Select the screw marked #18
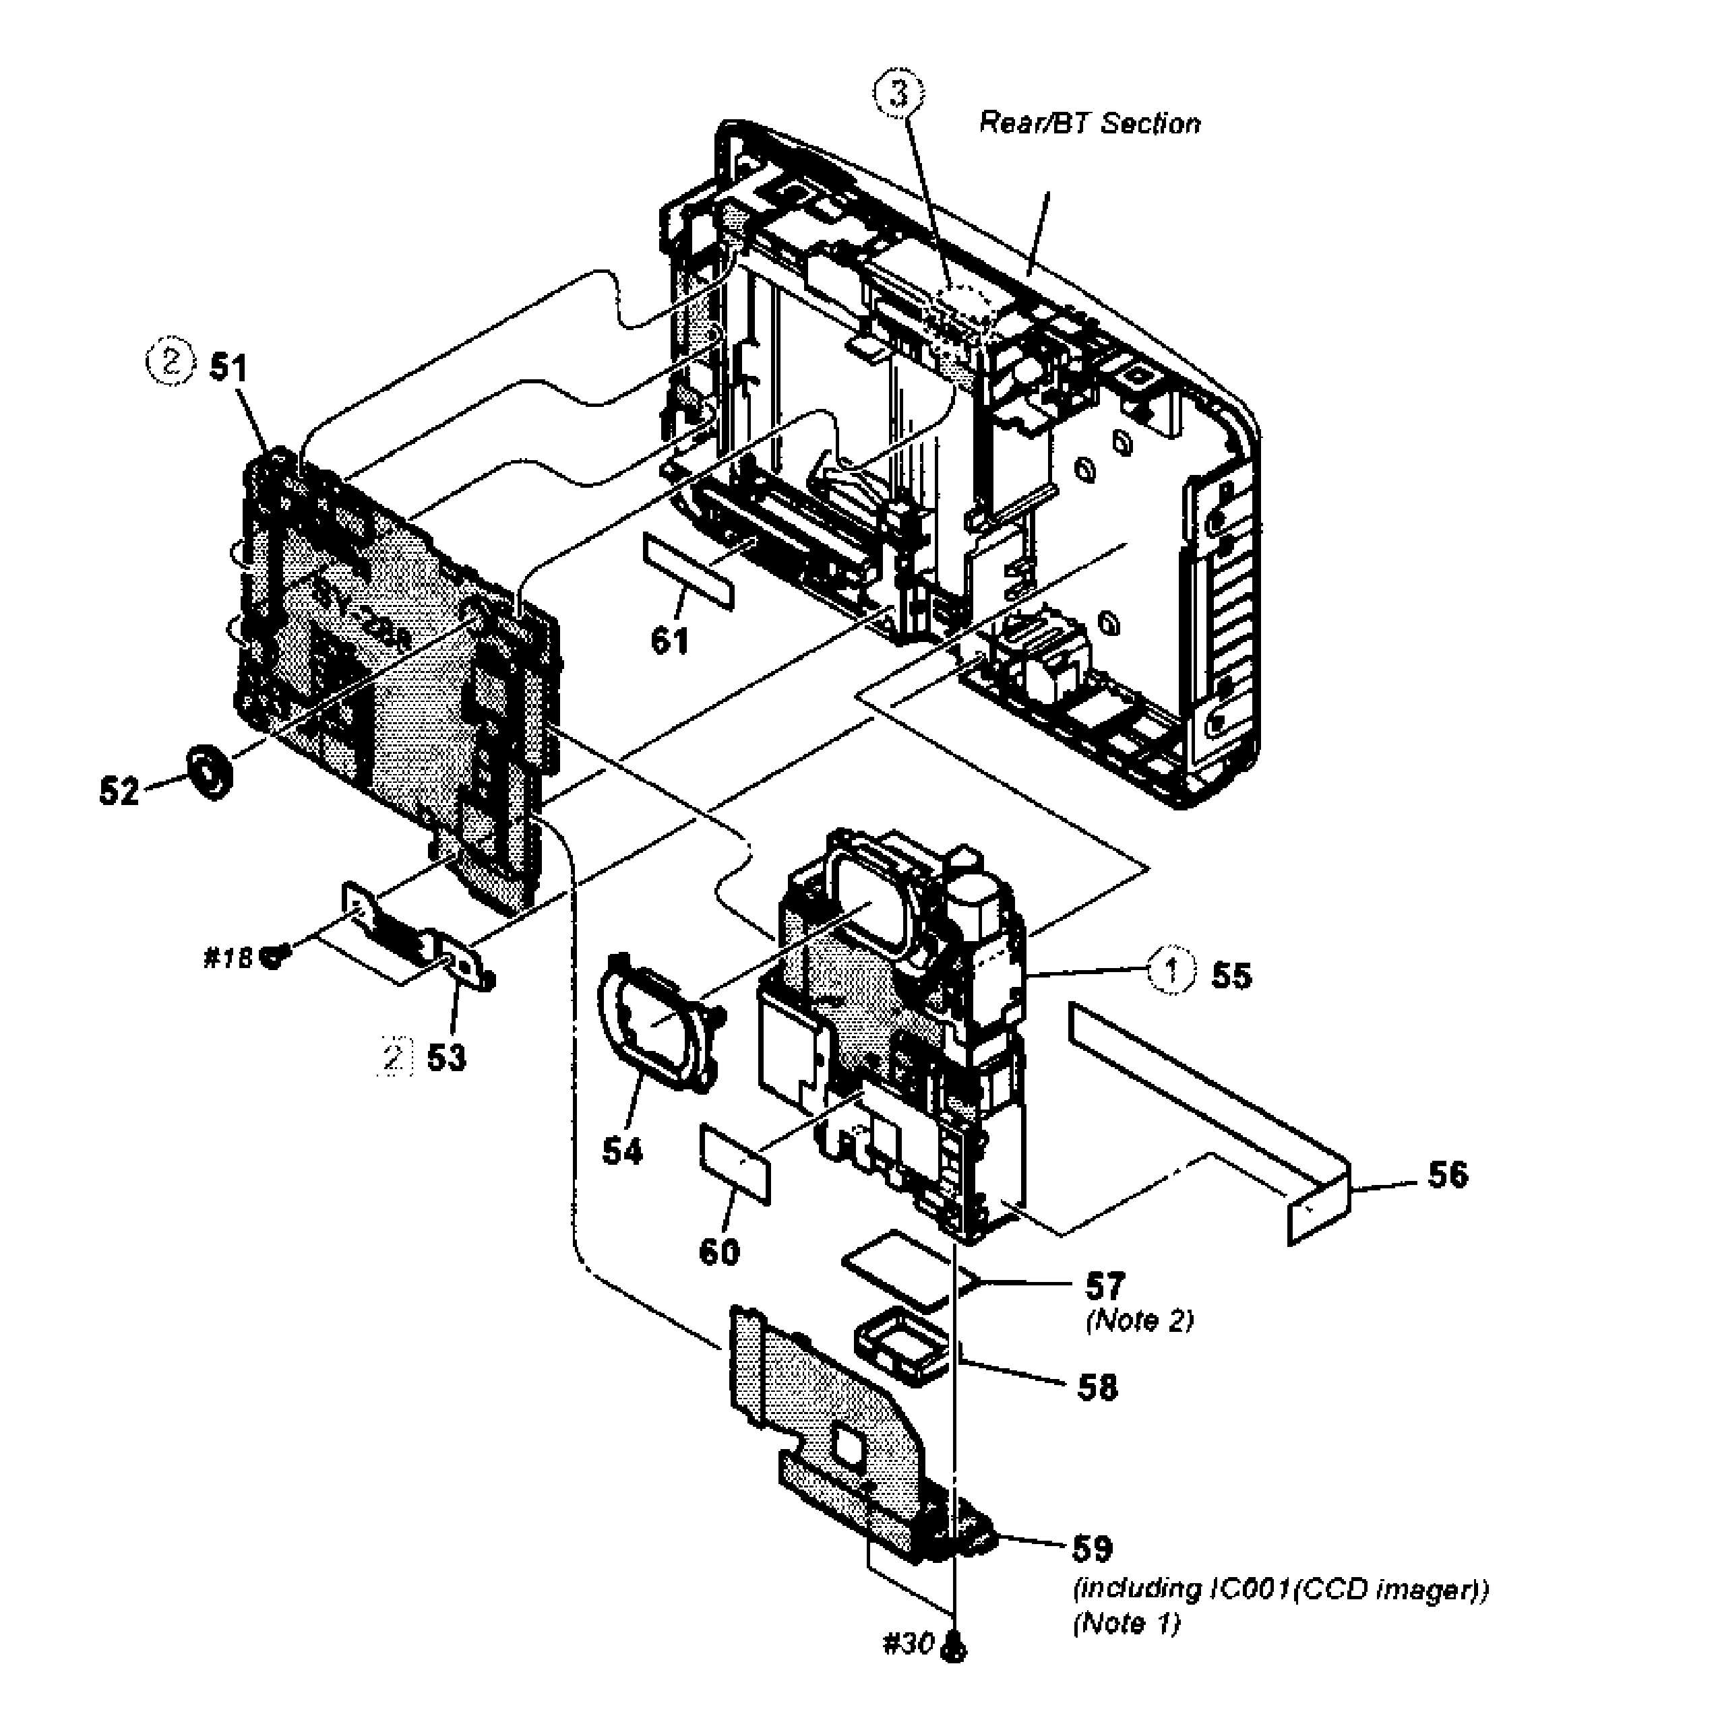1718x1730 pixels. [270, 958]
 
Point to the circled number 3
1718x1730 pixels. [898, 95]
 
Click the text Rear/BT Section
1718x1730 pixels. [1089, 123]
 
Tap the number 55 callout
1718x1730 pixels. [1231, 975]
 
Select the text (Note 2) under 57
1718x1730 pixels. [1139, 1321]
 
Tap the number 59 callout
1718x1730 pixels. [1092, 1547]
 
